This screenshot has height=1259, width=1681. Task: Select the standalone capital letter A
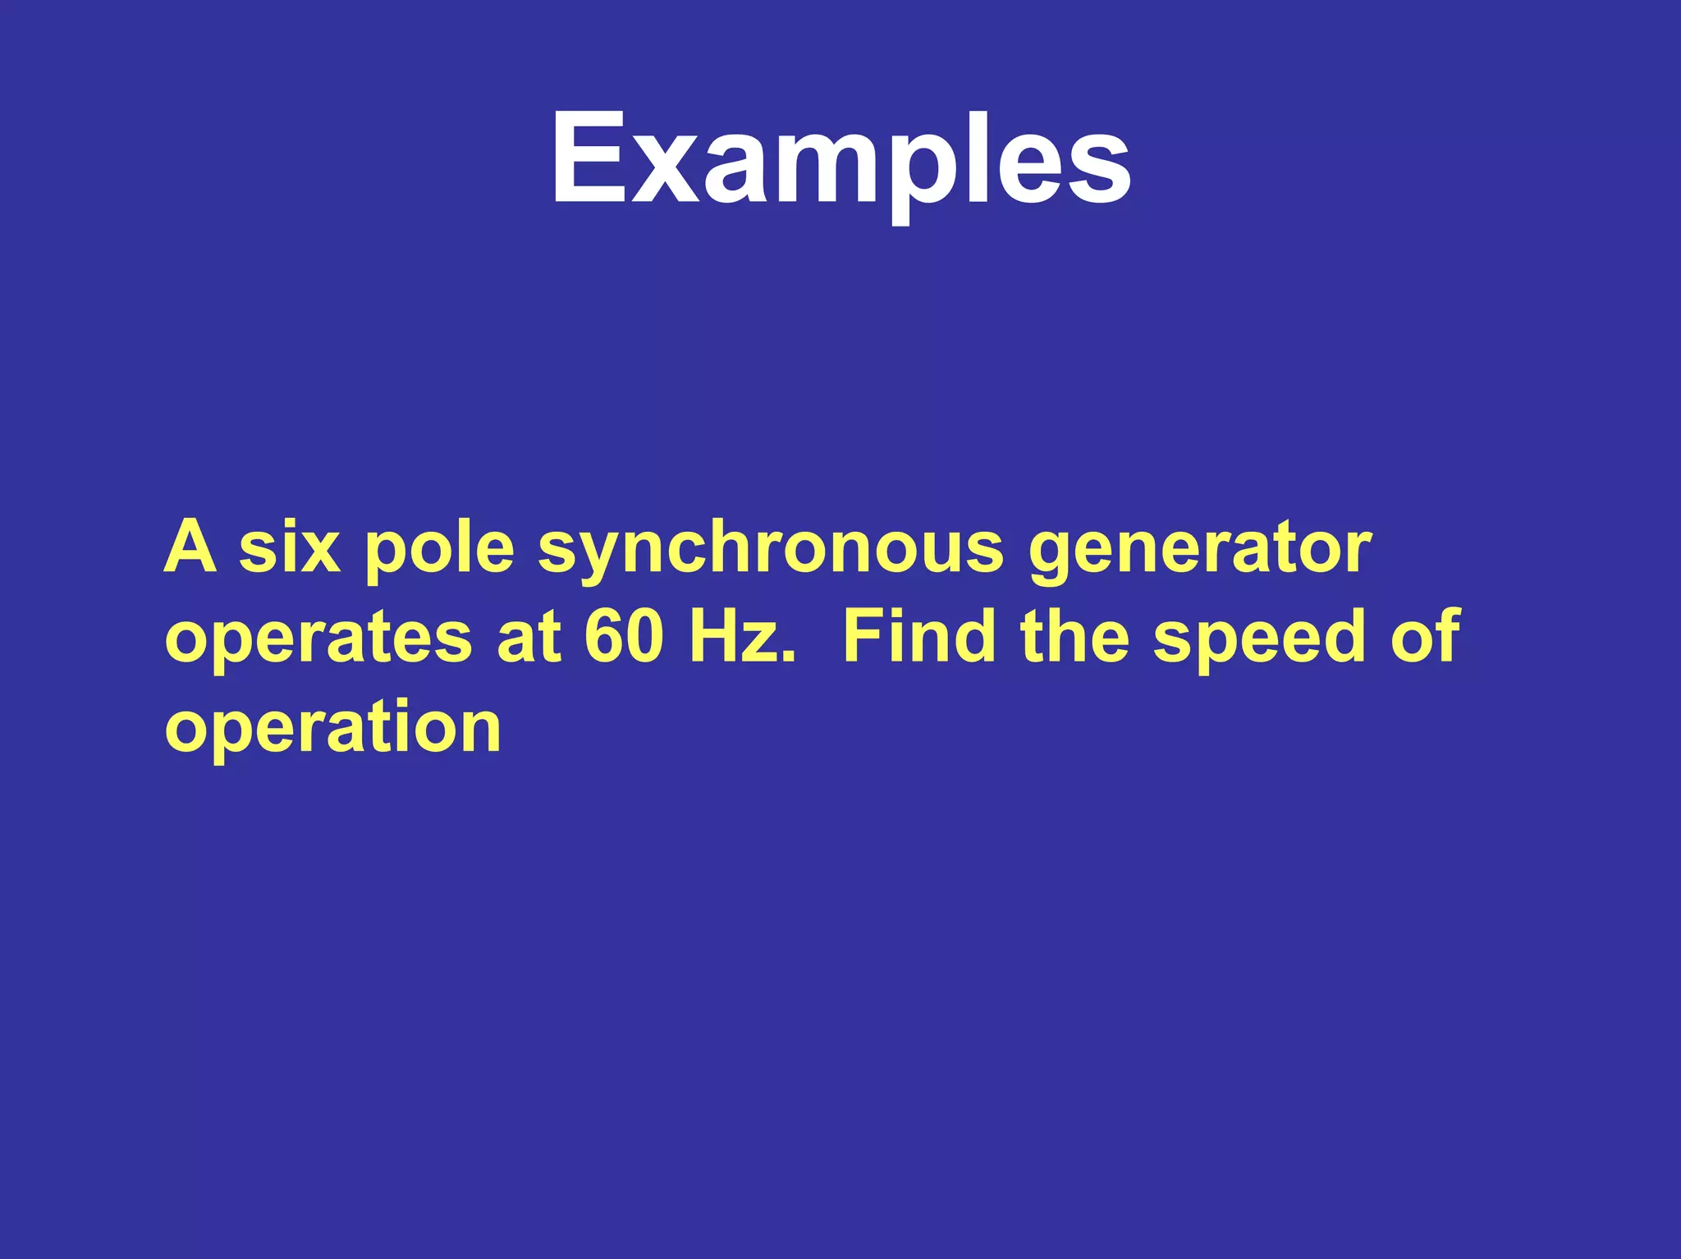click(190, 547)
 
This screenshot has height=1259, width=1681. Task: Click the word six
click(289, 547)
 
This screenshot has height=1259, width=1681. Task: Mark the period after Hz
click(789, 657)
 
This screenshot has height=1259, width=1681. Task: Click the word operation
click(332, 728)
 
